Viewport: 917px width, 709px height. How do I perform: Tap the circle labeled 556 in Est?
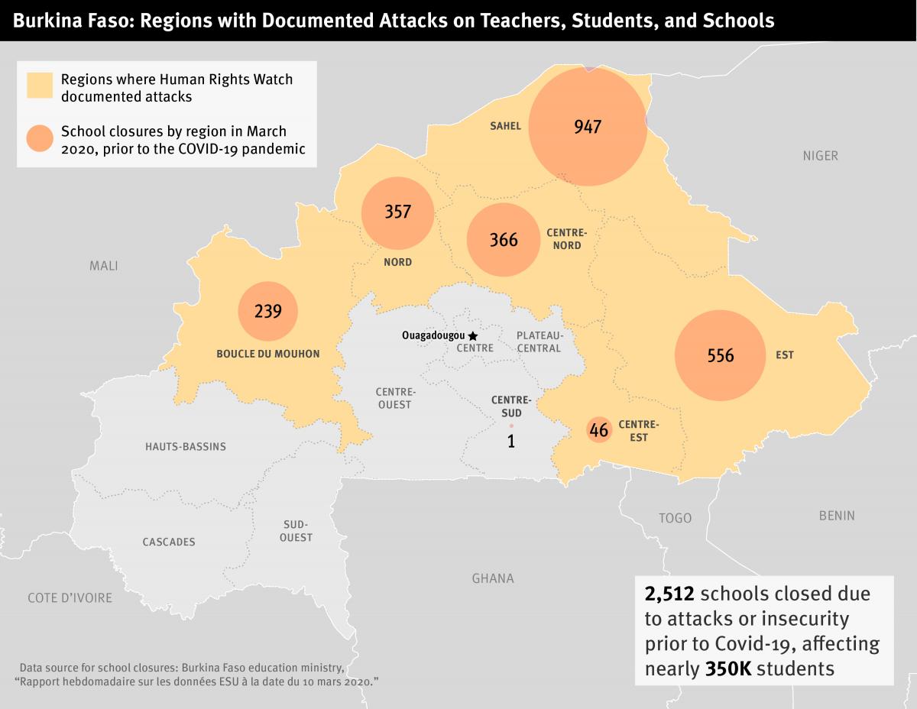click(x=720, y=355)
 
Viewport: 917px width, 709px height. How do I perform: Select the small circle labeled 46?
click(x=599, y=430)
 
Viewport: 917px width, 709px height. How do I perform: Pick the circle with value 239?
click(x=267, y=312)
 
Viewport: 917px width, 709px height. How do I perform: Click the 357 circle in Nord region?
click(x=397, y=212)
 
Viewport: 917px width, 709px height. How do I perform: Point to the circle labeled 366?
click(x=504, y=240)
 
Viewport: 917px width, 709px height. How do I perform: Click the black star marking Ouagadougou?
click(x=473, y=335)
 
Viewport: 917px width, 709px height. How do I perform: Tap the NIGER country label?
click(x=820, y=156)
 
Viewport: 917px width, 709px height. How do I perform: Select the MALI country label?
click(x=104, y=266)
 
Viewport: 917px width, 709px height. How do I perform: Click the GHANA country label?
click(x=493, y=578)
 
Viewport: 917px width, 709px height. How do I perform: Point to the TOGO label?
click(x=675, y=518)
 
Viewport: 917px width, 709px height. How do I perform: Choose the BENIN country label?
click(x=837, y=516)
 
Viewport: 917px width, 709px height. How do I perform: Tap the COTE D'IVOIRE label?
click(x=70, y=597)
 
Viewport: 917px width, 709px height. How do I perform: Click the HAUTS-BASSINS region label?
click(x=186, y=446)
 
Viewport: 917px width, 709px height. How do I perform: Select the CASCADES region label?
click(x=169, y=542)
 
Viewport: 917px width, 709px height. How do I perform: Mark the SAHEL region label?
click(x=505, y=126)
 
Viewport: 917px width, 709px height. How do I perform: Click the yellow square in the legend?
click(x=39, y=86)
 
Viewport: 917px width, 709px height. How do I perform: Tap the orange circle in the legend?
click(x=39, y=140)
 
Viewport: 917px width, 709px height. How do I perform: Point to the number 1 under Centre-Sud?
click(x=511, y=441)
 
